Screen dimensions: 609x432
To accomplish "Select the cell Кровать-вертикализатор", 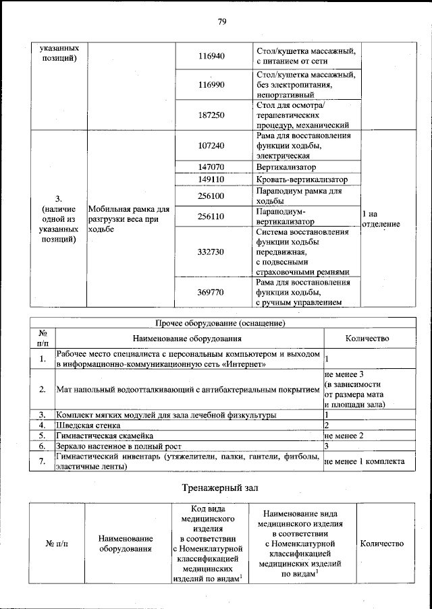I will click(302, 179).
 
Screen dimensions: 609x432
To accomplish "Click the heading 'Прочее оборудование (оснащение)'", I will click(220, 323).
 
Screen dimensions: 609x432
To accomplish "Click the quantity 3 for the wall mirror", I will click(327, 446).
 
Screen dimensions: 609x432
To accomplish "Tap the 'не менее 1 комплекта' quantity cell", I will click(364, 462).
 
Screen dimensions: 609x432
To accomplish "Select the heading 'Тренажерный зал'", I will click(220, 487).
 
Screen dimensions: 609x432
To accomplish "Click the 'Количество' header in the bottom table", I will click(382, 544).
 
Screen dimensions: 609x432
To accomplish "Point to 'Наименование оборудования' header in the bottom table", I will click(126, 544).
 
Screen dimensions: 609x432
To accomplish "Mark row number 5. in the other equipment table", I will click(42, 436).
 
